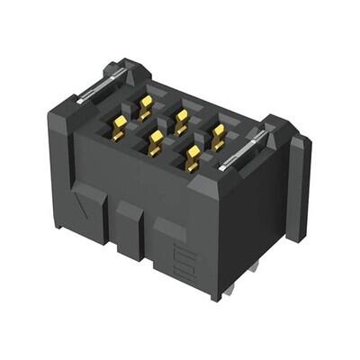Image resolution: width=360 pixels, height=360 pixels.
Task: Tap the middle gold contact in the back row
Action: click(181, 116)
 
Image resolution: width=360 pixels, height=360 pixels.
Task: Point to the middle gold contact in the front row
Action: click(156, 139)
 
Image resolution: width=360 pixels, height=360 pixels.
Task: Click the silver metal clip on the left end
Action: click(97, 88)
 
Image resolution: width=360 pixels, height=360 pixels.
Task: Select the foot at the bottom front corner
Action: click(214, 293)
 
